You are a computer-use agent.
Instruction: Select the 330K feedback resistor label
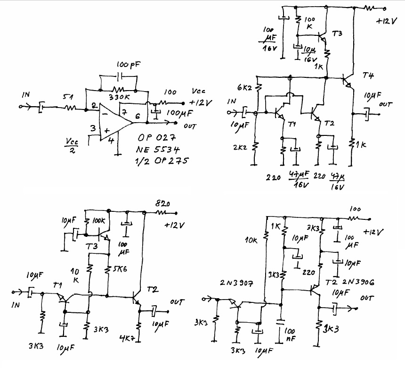pyautogui.click(x=120, y=97)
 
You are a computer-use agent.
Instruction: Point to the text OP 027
pyautogui.click(x=155, y=138)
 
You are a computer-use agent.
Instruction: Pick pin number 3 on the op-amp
pyautogui.click(x=93, y=128)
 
